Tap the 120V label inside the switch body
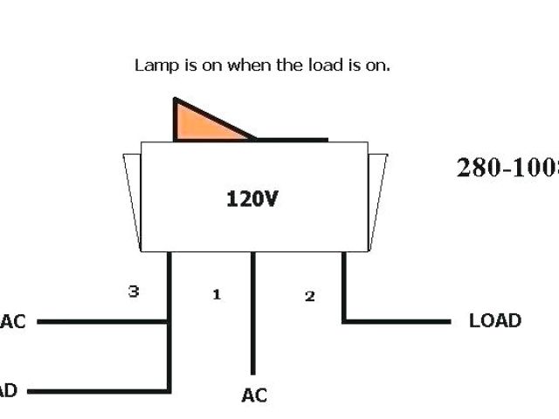[252, 199]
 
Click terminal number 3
[134, 292]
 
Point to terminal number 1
[217, 295]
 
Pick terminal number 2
[309, 296]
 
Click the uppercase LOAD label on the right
[494, 320]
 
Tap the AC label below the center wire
[254, 395]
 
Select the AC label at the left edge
[12, 321]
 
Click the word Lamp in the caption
[153, 65]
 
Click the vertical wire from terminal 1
[253, 314]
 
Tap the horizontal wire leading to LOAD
[397, 321]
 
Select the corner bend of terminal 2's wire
[344, 321]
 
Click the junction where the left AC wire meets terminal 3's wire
[169, 321]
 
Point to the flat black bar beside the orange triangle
[292, 139]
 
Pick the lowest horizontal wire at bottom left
[96, 390]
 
